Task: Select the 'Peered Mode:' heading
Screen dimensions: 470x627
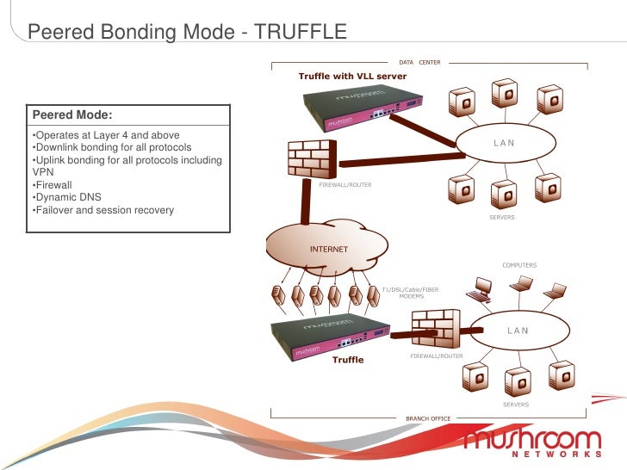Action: pos(72,115)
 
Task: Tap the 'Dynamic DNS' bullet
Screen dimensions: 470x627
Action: pos(66,197)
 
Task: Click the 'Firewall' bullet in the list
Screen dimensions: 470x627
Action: pos(53,184)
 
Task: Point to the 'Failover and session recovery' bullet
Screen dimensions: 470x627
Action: pos(102,210)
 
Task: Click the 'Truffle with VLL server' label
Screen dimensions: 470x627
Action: pos(352,77)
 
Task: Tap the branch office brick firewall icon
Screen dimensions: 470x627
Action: pos(438,330)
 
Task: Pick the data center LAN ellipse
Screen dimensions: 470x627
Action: pos(504,143)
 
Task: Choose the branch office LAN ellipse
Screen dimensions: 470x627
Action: pos(518,330)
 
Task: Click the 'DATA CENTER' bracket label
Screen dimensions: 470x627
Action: pos(419,63)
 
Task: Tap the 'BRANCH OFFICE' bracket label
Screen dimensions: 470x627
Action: pos(428,418)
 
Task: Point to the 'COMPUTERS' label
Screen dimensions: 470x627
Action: pos(519,265)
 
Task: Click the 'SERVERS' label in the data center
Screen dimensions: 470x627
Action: pos(501,218)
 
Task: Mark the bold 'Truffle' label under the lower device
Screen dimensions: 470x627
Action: pos(348,360)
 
